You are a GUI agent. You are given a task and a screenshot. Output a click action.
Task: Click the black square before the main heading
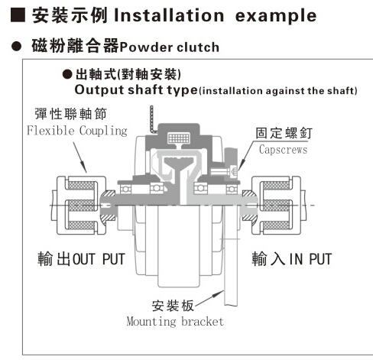click(18, 15)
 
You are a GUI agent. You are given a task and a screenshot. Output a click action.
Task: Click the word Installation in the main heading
click(169, 15)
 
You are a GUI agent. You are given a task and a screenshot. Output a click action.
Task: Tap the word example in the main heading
click(276, 17)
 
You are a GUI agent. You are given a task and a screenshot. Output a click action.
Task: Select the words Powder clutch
click(170, 47)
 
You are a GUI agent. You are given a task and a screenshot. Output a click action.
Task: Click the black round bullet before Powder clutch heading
click(17, 47)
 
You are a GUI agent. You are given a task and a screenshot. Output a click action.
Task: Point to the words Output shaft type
click(136, 90)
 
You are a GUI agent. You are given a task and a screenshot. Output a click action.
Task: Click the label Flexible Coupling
click(77, 131)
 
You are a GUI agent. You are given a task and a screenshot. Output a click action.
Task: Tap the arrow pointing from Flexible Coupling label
click(80, 157)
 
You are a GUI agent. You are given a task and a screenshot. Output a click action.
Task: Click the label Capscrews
click(283, 150)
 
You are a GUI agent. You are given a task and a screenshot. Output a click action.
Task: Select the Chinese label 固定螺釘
click(284, 133)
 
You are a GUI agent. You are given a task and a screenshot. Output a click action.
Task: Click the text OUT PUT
click(99, 259)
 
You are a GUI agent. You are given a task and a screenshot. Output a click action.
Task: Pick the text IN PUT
click(310, 259)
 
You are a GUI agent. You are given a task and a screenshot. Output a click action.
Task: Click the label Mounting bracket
click(175, 322)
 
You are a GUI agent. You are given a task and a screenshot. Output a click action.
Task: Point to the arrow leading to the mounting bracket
click(209, 297)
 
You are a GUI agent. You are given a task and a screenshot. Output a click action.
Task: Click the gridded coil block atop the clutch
click(179, 138)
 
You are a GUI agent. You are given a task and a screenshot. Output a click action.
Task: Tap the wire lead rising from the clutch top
click(152, 119)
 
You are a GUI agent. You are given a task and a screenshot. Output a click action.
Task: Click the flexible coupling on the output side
click(79, 205)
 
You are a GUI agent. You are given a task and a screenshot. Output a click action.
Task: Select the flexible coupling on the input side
click(278, 205)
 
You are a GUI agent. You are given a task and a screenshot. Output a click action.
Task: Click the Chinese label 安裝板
click(173, 306)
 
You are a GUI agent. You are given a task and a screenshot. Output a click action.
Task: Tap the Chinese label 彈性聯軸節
click(70, 114)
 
